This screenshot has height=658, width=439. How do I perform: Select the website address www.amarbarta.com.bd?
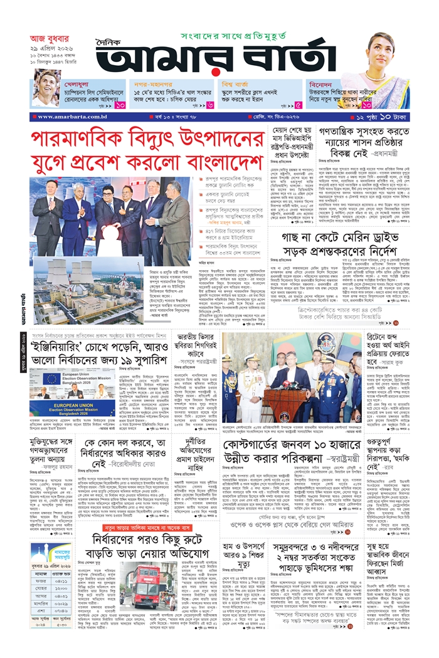[x=68, y=117]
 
